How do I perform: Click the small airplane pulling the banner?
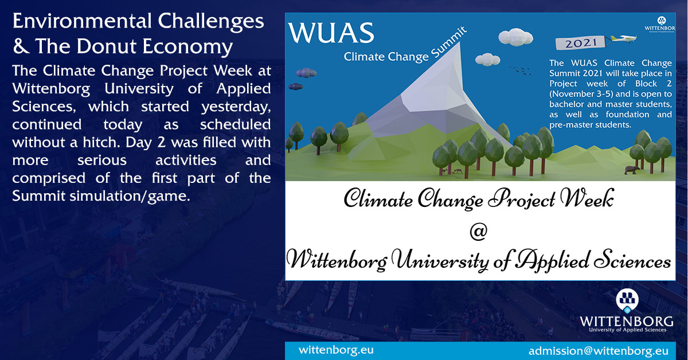click(x=622, y=38)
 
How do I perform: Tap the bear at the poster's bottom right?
click(x=630, y=170)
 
